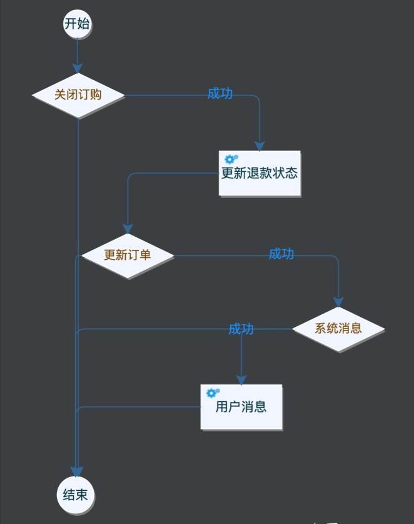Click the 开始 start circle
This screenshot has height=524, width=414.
[77, 24]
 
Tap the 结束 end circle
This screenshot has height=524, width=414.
[76, 495]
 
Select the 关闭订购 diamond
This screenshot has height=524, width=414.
[78, 95]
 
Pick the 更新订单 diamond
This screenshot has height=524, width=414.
[128, 255]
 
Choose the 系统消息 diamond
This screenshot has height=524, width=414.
[338, 328]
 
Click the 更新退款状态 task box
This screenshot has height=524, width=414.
[260, 173]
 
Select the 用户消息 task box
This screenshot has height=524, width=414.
[241, 406]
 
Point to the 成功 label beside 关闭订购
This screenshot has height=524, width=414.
[220, 93]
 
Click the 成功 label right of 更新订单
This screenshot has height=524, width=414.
[281, 254]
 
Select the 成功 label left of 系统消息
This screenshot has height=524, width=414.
[241, 329]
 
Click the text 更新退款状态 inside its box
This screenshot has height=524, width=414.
[260, 173]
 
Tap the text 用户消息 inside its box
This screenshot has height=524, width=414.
[241, 407]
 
